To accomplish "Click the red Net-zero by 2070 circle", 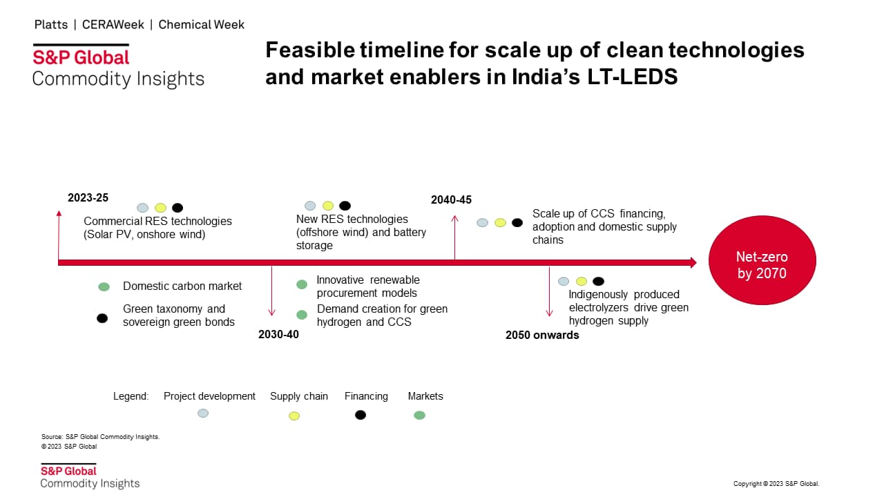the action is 762,260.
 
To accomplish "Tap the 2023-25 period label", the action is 88,197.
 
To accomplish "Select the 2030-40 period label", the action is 278,335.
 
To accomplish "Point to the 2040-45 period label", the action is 451,200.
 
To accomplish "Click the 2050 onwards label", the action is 542,335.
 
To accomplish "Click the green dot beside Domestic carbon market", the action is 104,286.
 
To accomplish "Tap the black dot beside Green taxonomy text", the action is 102,318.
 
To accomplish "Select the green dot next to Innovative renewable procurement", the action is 302,284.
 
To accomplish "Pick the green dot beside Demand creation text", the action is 302,315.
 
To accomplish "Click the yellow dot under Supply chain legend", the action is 294,416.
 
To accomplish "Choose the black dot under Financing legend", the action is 361,415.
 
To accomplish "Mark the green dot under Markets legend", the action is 419,416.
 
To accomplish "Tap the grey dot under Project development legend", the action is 203,413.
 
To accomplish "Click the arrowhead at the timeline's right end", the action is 694,263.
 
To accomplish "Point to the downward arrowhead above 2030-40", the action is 271,313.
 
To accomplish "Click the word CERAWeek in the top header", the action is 113,25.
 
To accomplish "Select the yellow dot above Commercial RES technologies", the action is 160,208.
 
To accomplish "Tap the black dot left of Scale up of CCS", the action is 517,223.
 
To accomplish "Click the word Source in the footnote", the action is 52,437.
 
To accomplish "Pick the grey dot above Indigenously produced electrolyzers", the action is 563,281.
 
